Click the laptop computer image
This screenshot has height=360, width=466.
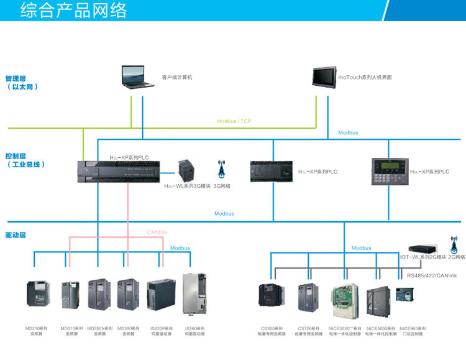click(x=138, y=77)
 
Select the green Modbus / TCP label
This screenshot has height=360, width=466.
click(x=234, y=121)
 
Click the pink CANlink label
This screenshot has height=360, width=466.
click(x=157, y=232)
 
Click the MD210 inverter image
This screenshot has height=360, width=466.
click(x=37, y=295)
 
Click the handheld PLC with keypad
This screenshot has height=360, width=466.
click(x=388, y=172)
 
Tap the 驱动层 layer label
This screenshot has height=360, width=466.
click(x=16, y=235)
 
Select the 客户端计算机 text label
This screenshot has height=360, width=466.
click(x=177, y=78)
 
